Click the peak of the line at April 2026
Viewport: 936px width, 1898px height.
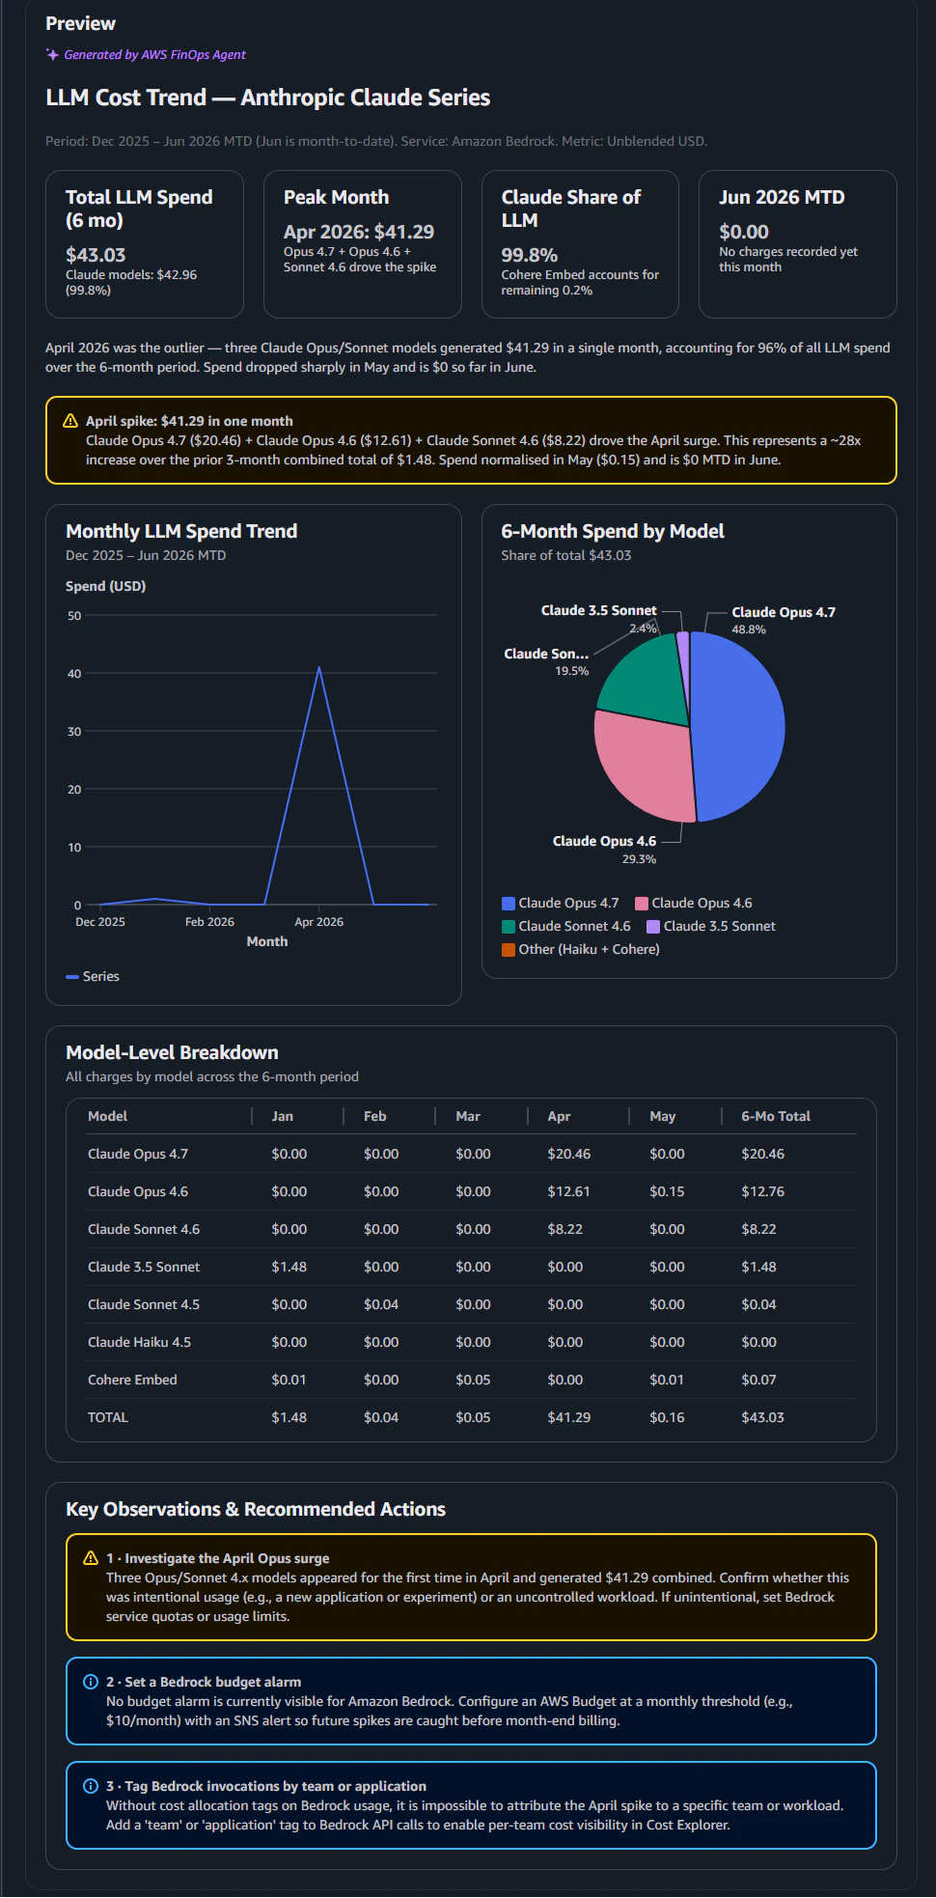(x=319, y=667)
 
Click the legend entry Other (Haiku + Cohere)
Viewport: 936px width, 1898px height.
(x=581, y=949)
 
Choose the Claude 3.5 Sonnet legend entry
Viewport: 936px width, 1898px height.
(x=711, y=926)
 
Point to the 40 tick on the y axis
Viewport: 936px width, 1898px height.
(x=74, y=674)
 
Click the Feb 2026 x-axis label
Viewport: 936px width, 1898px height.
(x=209, y=922)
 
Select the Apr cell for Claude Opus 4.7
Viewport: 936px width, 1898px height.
(x=569, y=1154)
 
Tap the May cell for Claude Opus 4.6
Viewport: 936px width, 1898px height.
(x=667, y=1191)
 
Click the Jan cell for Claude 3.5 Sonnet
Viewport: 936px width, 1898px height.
(x=289, y=1267)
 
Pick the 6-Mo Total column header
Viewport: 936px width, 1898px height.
(x=776, y=1116)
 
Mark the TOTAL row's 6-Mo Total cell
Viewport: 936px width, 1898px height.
(x=763, y=1417)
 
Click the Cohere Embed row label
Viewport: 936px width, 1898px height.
(x=132, y=1380)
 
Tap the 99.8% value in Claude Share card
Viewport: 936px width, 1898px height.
(x=530, y=255)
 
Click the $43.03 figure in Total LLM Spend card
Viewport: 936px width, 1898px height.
(x=96, y=255)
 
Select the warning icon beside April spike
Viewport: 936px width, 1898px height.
(x=70, y=421)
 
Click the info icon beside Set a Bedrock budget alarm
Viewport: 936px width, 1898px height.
(x=91, y=1682)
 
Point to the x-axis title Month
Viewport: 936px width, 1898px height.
(x=267, y=941)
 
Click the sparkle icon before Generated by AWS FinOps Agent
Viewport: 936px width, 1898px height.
(x=52, y=54)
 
